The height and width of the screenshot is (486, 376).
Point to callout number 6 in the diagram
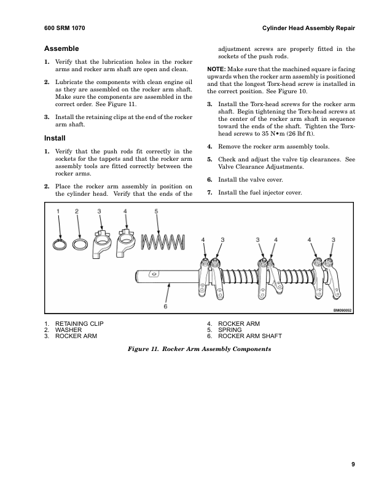click(x=165, y=305)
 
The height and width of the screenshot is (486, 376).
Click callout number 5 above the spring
click(x=157, y=211)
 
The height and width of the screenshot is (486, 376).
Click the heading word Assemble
click(x=61, y=48)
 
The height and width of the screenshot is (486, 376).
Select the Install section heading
click(x=55, y=138)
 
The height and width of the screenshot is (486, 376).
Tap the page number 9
click(x=353, y=464)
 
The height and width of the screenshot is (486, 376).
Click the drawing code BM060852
click(x=344, y=310)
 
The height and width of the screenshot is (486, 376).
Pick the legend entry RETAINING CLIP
click(x=79, y=323)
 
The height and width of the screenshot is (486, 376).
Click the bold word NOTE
click(x=216, y=67)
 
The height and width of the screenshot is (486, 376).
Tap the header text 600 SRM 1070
click(x=65, y=29)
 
